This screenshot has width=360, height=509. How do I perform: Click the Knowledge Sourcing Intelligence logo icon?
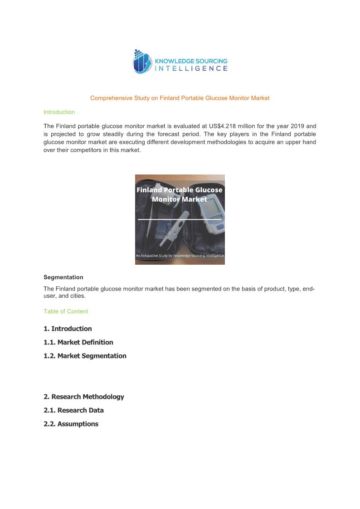pos(141,61)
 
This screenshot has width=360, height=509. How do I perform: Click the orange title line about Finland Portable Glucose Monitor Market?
pos(180,98)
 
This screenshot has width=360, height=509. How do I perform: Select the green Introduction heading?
pos(59,112)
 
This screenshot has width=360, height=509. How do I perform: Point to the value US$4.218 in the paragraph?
pos(219,126)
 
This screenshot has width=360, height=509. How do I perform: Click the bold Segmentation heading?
pos(63,277)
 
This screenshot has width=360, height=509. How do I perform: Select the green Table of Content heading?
pos(66,311)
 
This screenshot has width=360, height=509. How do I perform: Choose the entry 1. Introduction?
pos(68,329)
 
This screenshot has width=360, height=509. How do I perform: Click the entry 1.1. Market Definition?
pos(78,342)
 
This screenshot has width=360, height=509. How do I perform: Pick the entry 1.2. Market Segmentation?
pos(85,356)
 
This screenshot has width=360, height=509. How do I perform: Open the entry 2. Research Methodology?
pos(83,397)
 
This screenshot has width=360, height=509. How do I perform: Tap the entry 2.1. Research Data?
pos(73,410)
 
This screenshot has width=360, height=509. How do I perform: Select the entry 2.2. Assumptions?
pos(71,424)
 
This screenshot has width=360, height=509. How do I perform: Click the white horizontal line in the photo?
pos(180,219)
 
